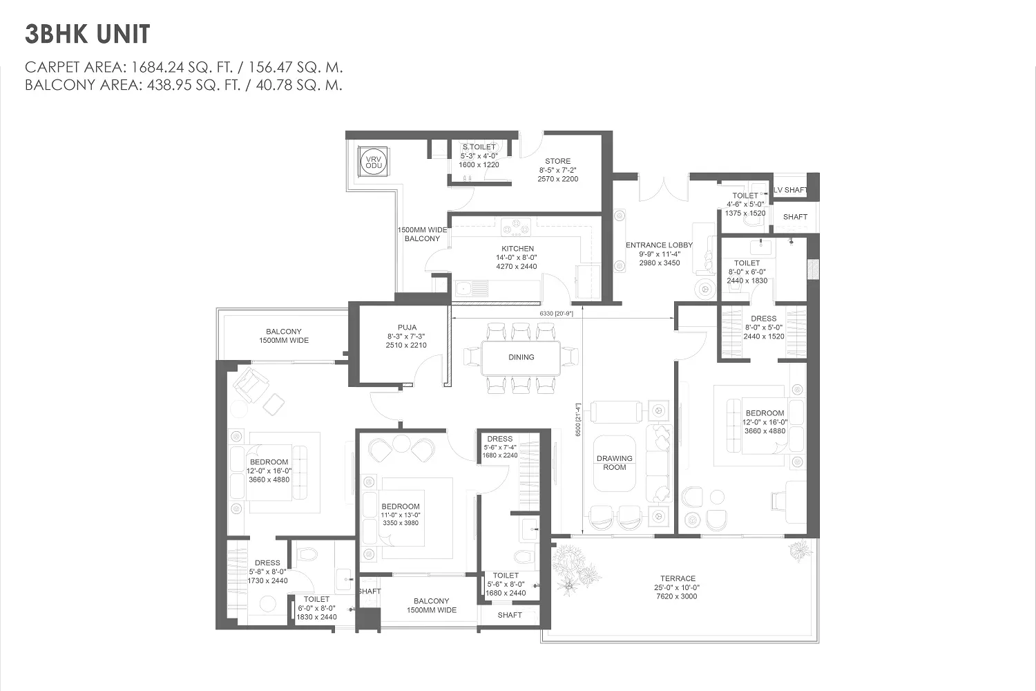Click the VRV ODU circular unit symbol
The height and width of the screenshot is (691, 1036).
coord(374,162)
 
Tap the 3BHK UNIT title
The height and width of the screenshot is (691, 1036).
coord(88,35)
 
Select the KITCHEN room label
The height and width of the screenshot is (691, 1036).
coord(517,249)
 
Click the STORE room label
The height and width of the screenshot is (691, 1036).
coord(558,161)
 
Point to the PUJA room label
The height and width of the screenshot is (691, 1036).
coord(407,328)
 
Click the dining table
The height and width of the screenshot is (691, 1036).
coord(521,358)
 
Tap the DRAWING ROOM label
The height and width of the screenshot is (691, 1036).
coord(614,463)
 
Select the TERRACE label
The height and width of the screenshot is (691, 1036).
coord(678,578)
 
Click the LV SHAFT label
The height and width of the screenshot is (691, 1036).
coord(791,190)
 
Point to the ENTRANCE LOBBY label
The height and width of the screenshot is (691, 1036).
coord(659,245)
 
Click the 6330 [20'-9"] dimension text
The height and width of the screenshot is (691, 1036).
coord(557,313)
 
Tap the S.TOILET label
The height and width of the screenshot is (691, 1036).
coord(479,146)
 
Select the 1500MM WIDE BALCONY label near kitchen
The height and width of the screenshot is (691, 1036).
coord(422,234)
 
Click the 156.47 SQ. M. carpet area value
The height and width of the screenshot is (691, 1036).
coord(296,68)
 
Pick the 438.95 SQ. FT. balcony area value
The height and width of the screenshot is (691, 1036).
coord(194,86)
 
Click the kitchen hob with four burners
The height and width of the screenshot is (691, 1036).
coord(516,227)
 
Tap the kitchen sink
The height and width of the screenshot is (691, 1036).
coord(472,289)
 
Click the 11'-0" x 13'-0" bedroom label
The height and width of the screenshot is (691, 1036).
coord(401,515)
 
